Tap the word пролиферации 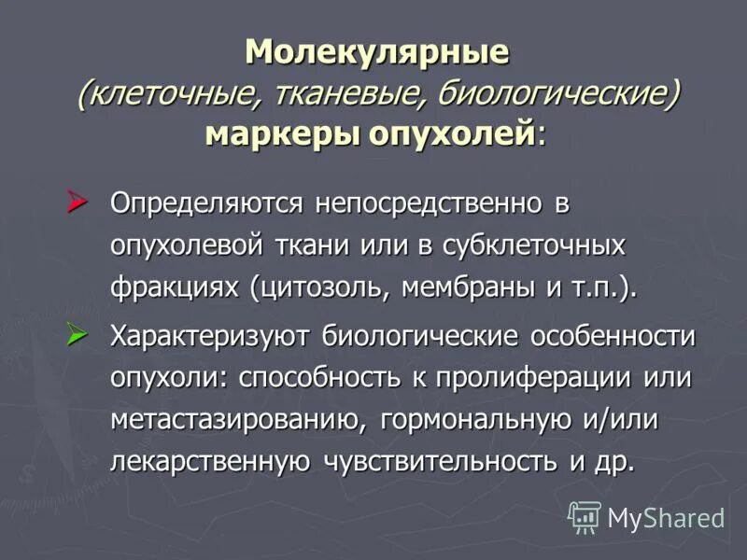click(x=557, y=379)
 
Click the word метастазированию click(x=237, y=421)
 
